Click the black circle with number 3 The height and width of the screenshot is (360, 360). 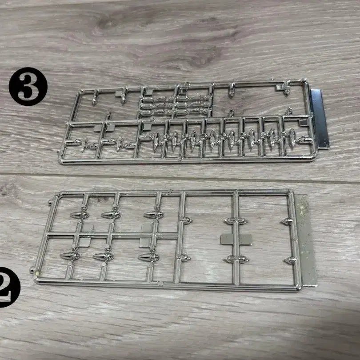tap(28, 87)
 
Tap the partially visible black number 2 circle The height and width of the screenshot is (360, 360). tap(9, 287)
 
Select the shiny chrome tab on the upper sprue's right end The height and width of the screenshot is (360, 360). tap(320, 119)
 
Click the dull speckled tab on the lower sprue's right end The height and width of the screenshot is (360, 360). tap(307, 240)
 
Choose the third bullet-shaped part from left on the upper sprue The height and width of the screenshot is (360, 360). tap(194, 140)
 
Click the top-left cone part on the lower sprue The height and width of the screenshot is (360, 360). tap(80, 215)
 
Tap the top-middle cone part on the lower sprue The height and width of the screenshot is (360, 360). tap(111, 215)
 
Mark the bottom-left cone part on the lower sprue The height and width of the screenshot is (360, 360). tap(70, 256)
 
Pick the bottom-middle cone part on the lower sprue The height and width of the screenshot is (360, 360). tap(104, 257)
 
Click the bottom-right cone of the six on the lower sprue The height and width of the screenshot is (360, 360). tap(149, 258)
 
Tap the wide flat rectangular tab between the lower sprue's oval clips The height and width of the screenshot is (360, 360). tap(236, 240)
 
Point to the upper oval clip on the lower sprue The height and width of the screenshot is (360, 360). tap(236, 221)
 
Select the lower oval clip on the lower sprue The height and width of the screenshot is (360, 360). tap(236, 260)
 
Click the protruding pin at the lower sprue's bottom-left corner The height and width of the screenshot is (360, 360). tap(32, 270)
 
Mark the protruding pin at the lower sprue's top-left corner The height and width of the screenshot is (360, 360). tap(51, 203)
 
